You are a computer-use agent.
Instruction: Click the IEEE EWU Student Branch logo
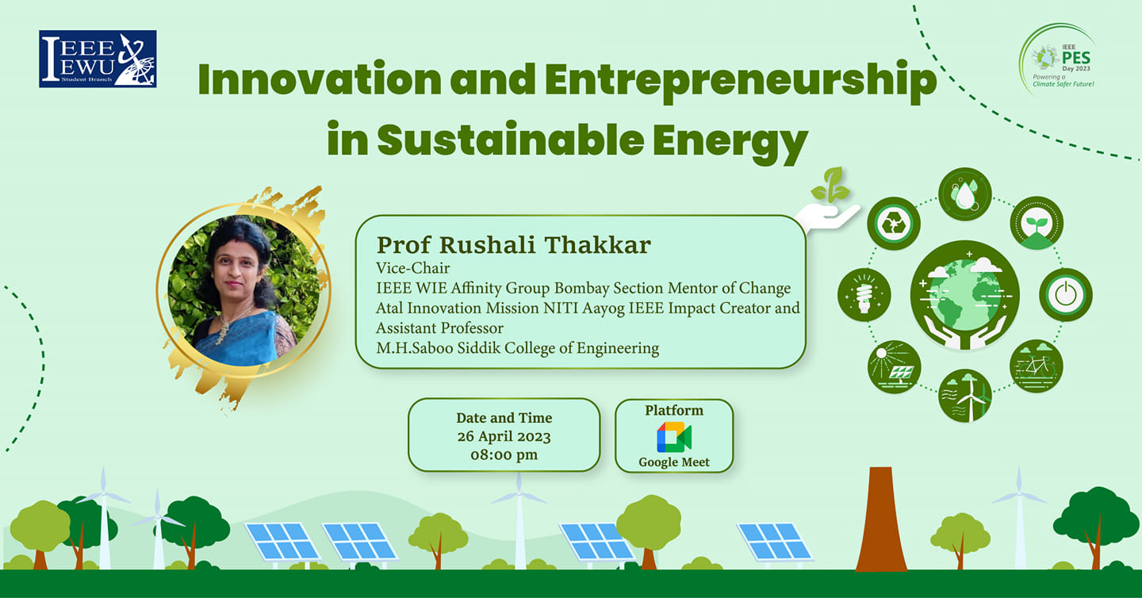pos(98,59)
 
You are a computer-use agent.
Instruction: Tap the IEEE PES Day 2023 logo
pos(1057,59)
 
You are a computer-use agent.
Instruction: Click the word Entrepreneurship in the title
pos(741,81)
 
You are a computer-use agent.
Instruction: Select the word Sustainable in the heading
pos(511,140)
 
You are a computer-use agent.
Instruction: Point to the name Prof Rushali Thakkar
pos(513,245)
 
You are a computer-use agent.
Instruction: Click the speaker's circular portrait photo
pos(243,290)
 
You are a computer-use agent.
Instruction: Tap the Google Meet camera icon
pos(674,437)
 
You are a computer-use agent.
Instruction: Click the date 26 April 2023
pos(504,437)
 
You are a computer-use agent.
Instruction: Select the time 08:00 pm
pos(504,454)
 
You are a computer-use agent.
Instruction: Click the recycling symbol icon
pos(894,224)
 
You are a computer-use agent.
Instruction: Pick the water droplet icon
pos(964,194)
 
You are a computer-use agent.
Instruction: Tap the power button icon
pos(1066,295)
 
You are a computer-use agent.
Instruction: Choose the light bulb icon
pos(864,295)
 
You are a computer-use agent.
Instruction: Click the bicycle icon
pos(1036,366)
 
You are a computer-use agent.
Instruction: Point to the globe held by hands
pos(964,295)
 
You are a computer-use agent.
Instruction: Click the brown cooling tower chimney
pos(881,519)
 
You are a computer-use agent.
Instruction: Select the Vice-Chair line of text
pos(412,268)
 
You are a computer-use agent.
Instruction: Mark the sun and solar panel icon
pos(894,366)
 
